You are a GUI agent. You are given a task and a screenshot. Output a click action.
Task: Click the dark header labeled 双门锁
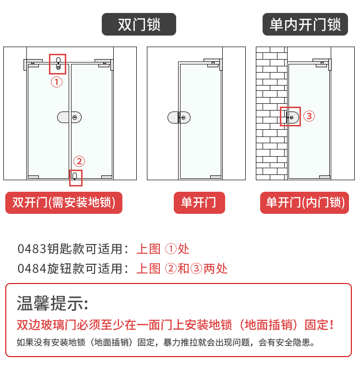[x=139, y=24]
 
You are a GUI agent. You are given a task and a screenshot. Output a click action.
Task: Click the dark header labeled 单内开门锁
[x=305, y=24]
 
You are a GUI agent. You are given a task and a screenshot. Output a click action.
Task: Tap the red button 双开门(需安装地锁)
[x=64, y=203]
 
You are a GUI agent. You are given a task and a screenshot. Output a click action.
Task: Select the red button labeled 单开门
[x=199, y=203]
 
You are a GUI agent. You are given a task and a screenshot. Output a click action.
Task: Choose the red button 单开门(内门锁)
[x=305, y=203]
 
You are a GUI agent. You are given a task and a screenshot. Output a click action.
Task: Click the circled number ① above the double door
[x=57, y=82]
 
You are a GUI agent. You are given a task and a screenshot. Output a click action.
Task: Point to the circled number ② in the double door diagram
[x=79, y=161]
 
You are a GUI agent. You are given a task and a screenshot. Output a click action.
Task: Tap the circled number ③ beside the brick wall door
[x=309, y=116]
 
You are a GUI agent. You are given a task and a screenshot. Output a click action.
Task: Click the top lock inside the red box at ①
[x=58, y=63]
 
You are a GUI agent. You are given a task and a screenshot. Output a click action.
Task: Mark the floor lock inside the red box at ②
[x=74, y=176]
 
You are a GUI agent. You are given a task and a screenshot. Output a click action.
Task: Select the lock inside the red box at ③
[x=292, y=117]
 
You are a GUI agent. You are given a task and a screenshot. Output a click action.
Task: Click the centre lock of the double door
[x=69, y=117]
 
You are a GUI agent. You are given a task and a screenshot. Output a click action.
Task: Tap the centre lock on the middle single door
[x=179, y=117]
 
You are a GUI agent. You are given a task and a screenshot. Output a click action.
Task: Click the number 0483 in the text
[x=32, y=249]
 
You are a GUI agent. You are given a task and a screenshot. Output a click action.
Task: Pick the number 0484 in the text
[x=32, y=269]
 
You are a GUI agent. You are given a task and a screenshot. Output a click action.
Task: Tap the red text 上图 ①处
[x=163, y=249]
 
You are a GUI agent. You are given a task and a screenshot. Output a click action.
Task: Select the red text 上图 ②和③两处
[x=182, y=269]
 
